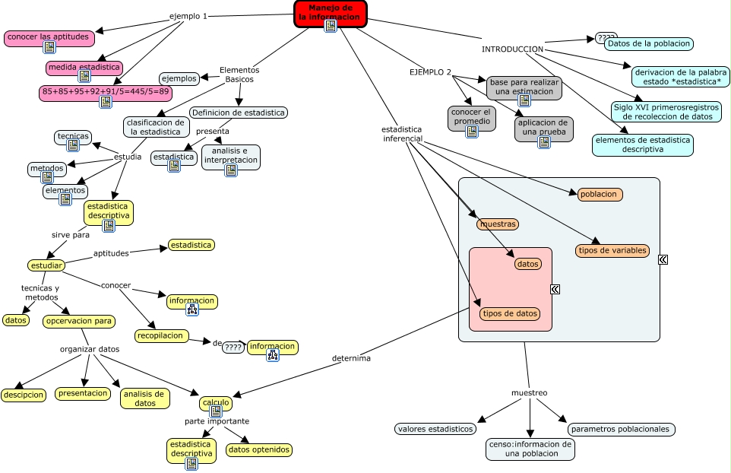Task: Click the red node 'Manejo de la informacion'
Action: click(x=331, y=12)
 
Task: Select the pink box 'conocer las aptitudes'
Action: click(x=48, y=37)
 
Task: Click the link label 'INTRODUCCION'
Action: click(x=512, y=49)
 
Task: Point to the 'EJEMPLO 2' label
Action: click(x=430, y=72)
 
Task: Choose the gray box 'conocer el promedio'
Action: click(x=472, y=117)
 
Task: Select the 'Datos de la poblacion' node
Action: click(x=649, y=43)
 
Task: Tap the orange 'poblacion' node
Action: click(x=600, y=194)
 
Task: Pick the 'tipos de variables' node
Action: click(x=612, y=250)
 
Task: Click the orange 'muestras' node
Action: click(x=498, y=224)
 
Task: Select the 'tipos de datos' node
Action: click(x=510, y=313)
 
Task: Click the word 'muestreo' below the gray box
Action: click(x=529, y=392)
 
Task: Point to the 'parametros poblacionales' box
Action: click(x=621, y=429)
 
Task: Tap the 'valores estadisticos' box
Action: click(x=435, y=429)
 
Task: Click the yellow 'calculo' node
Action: click(x=215, y=402)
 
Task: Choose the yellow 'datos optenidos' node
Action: click(x=259, y=449)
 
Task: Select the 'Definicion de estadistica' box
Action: click(x=239, y=113)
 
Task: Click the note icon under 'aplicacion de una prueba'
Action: click(x=543, y=141)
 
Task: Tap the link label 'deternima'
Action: click(x=351, y=358)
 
